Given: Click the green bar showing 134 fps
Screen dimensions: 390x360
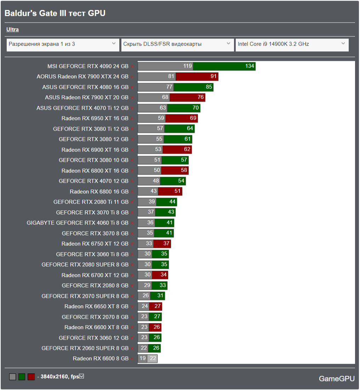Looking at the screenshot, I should pos(224,66).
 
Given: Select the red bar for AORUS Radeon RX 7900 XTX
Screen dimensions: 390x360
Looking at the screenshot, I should pos(197,77).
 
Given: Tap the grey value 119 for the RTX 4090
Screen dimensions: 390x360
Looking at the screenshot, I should pos(188,66).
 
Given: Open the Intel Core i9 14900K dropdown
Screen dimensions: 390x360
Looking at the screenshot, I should pos(292,44).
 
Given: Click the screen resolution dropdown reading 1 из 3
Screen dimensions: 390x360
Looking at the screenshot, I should pos(63,44).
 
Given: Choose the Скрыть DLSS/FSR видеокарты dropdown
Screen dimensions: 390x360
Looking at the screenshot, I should pos(177,44).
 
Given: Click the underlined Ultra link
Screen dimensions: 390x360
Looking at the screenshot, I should pos(12,30).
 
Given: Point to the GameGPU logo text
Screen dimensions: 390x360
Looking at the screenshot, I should pos(337,379).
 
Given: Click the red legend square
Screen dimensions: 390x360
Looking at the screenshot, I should pos(31,377).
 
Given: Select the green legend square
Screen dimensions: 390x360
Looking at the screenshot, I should pos(22,377).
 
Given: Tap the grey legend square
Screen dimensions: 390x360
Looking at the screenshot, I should pos(13,377).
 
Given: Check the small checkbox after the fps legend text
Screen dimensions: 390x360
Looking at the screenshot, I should pos(82,376).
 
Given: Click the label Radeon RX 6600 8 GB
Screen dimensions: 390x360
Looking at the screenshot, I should pos(101,358).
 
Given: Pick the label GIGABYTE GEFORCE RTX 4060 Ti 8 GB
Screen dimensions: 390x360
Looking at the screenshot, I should pos(78,223).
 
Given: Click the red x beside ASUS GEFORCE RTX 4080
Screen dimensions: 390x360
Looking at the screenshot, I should pos(132,87).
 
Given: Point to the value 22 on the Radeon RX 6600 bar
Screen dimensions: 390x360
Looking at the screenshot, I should pos(153,358).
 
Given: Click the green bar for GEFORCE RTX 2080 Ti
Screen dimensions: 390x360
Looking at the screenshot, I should pos(166,202).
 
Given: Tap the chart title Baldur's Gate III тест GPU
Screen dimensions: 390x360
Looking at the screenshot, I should pos(55,13).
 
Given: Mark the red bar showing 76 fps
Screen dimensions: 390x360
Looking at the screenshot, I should pos(187,97).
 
